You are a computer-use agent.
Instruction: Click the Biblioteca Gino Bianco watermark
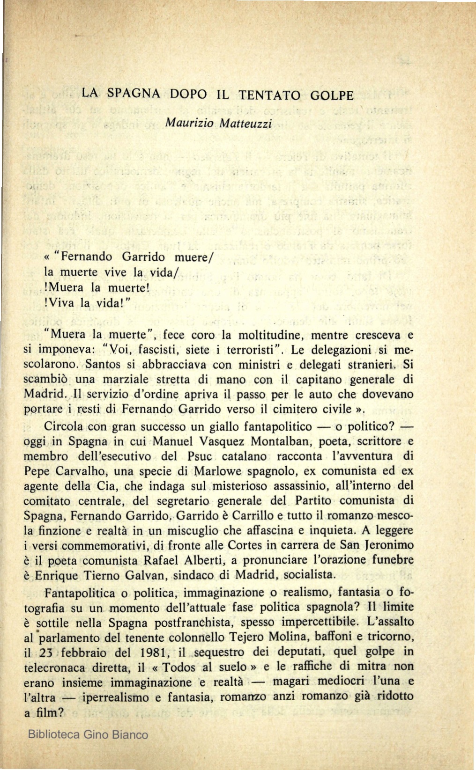coord(88,734)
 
